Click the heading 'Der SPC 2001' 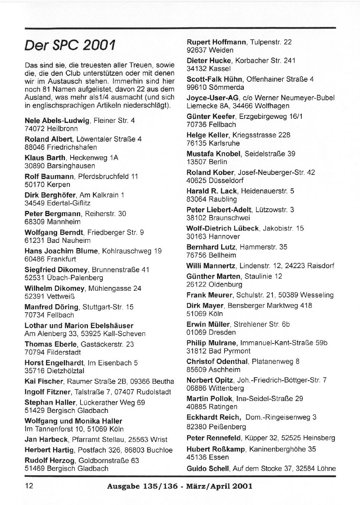[69, 45]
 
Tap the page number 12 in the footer [29, 486]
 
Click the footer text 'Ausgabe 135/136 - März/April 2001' [180, 486]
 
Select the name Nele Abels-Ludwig [57, 121]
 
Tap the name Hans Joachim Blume [61, 251]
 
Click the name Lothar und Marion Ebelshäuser [79, 326]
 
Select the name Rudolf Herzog [49, 461]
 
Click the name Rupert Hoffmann [216, 42]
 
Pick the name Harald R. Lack [212, 191]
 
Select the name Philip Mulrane [211, 343]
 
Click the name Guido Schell [207, 469]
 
